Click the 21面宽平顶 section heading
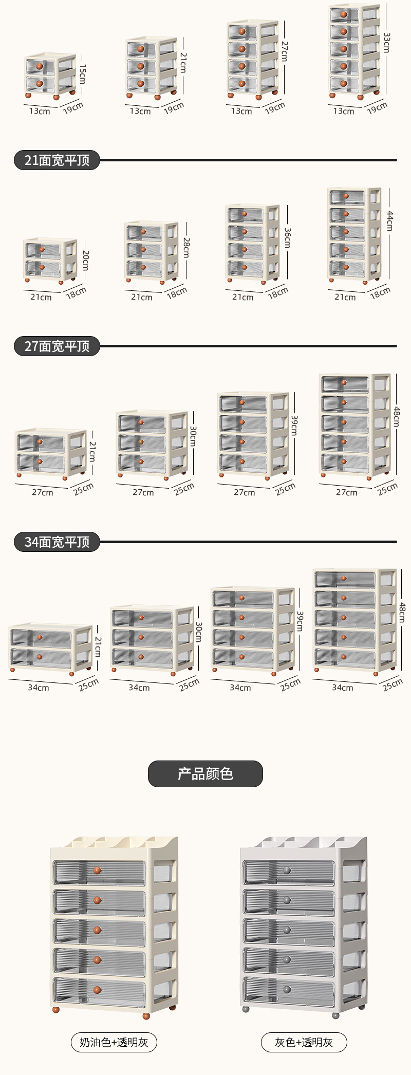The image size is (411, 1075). [x=57, y=160]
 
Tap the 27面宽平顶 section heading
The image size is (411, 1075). [x=57, y=346]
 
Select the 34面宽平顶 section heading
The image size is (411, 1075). [x=57, y=542]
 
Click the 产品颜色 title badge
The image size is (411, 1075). [x=206, y=774]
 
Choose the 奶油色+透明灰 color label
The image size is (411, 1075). [x=114, y=1042]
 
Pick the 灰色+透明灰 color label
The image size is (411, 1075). [x=304, y=1042]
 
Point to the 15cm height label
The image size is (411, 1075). [x=83, y=74]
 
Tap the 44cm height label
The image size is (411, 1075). [x=390, y=220]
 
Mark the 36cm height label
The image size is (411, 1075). [x=288, y=238]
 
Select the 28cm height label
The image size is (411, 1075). [x=186, y=247]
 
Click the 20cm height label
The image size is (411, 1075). [x=85, y=261]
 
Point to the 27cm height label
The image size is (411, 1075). [x=285, y=51]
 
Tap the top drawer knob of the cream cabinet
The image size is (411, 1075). [x=97, y=870]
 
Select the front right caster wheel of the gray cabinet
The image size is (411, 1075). [x=336, y=1015]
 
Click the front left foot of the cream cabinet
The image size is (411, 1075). [x=56, y=1010]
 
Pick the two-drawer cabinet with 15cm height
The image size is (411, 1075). [x=50, y=76]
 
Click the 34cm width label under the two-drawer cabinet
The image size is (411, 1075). [x=39, y=688]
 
